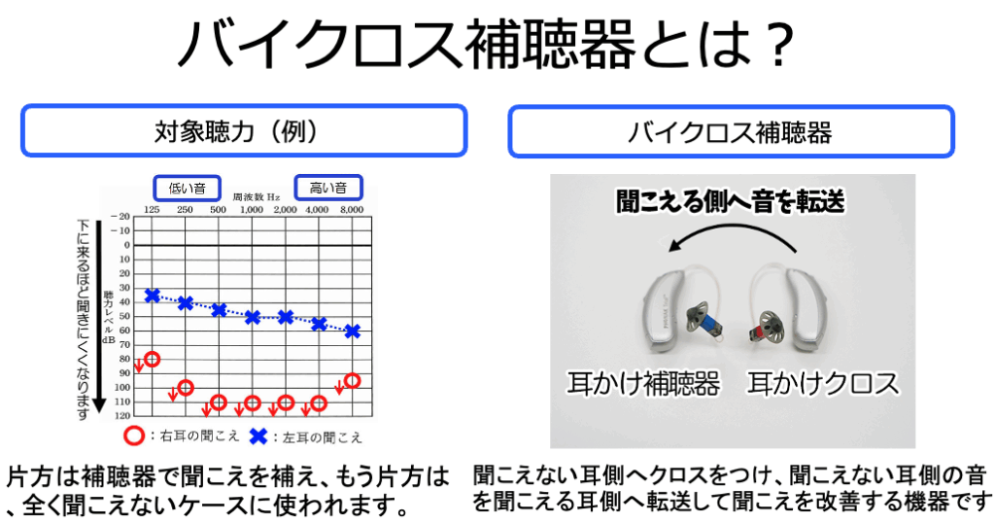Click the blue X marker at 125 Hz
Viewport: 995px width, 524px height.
152,296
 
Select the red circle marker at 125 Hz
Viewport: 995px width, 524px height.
152,359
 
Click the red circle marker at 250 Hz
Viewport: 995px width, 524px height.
186,387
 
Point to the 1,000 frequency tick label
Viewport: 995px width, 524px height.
252,210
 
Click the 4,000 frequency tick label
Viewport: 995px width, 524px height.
318,210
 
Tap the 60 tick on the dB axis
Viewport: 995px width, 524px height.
124,331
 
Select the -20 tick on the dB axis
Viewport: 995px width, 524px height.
120,217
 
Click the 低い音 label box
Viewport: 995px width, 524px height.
188,188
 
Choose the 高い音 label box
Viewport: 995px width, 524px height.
328,188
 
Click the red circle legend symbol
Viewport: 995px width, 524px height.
134,437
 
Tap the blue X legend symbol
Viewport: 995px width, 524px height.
258,437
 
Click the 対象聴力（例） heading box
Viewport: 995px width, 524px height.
244,131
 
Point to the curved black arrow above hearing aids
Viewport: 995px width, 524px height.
732,232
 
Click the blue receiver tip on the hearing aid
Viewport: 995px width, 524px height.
709,322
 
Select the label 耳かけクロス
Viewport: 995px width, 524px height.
823,383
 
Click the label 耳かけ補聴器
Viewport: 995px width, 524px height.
643,383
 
